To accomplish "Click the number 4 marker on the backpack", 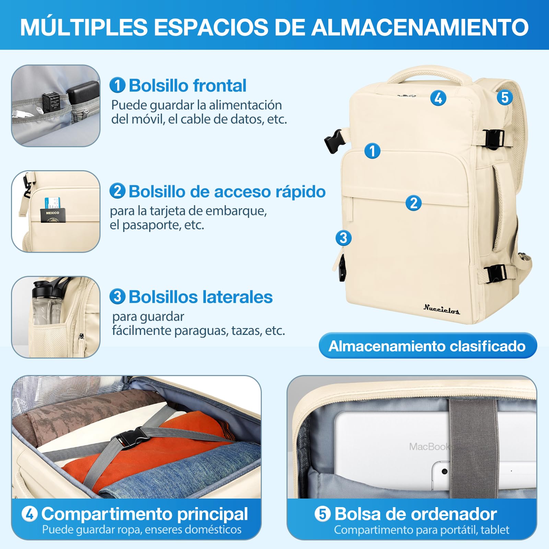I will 438,98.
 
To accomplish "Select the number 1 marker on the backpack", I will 372,151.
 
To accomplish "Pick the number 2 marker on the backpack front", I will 413,203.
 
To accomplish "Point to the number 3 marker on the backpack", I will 343,238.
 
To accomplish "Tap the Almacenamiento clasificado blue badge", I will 427,346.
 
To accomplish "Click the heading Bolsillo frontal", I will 187,85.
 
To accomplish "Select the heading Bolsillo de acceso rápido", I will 226,191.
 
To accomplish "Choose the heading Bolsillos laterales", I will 200,297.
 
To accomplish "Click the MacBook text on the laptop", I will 429,446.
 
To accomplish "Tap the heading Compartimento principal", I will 144,514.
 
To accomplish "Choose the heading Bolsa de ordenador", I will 415,514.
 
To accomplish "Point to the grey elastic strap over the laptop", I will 474,446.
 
